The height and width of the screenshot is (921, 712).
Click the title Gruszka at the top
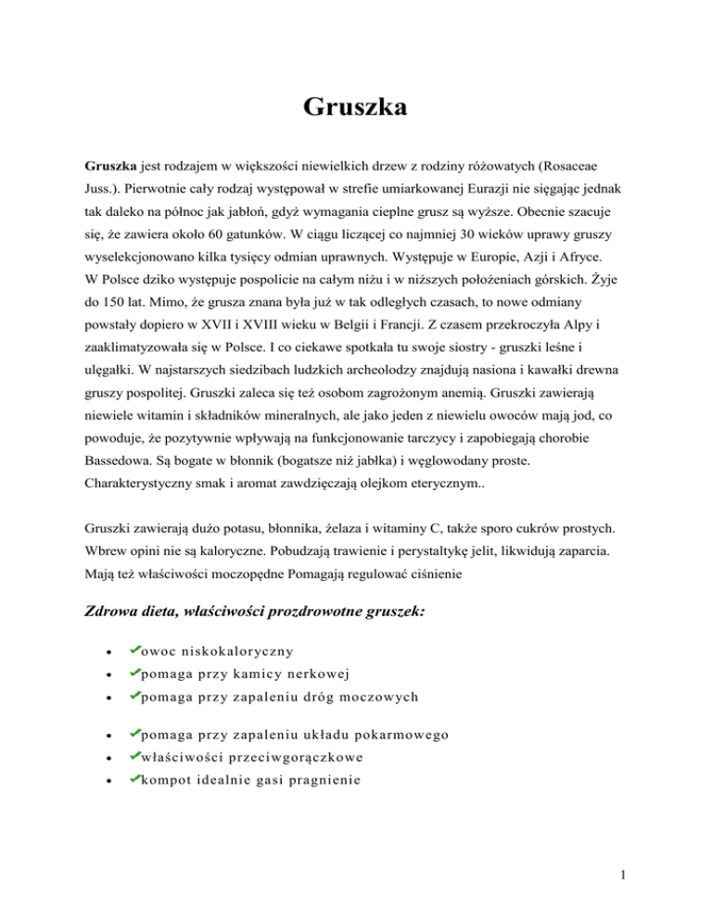355,108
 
